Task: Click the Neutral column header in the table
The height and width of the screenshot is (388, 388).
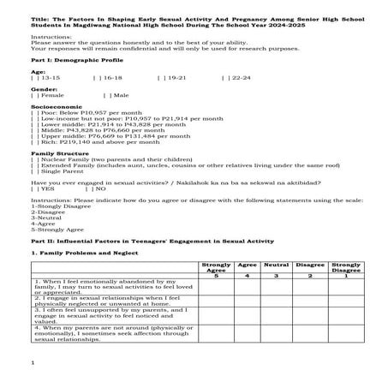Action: [276, 266]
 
